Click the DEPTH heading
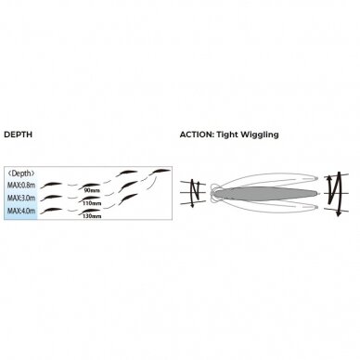click(18, 135)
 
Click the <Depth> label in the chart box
click(21, 174)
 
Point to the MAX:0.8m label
click(21, 186)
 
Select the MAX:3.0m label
click(21, 198)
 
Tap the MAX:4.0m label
click(21, 211)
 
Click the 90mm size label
click(92, 191)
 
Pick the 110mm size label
click(92, 203)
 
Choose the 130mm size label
click(92, 216)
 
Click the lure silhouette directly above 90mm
click(89, 186)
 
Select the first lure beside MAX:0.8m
click(51, 185)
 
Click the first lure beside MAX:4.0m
click(51, 210)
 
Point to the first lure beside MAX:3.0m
click(51, 198)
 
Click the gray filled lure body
click(265, 193)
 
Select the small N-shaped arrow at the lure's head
click(193, 193)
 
